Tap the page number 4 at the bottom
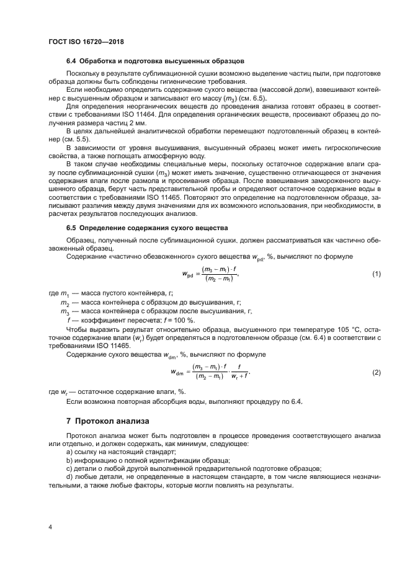click(50, 527)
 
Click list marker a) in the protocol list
click(69, 452)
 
